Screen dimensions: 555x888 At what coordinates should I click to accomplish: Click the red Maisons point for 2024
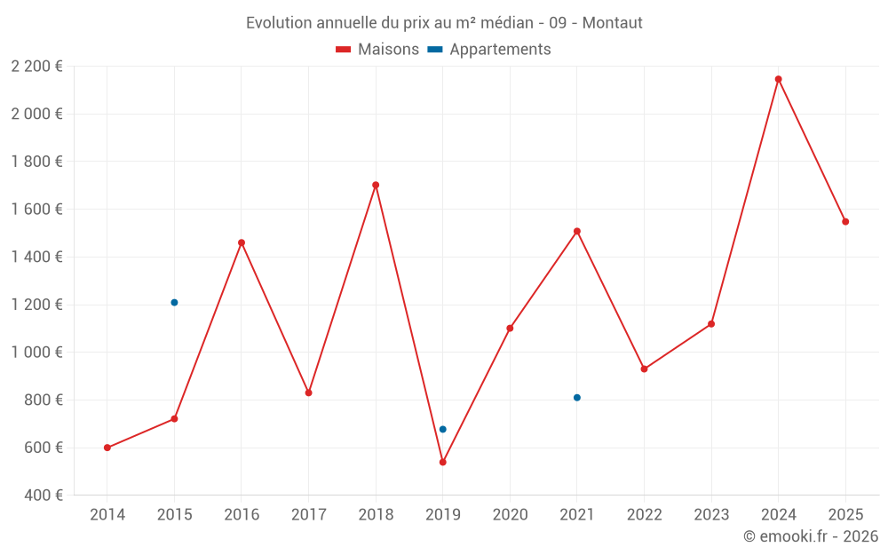[x=778, y=79]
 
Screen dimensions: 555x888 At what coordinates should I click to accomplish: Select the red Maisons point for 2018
[x=376, y=185]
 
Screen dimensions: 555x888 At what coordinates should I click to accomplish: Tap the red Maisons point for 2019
[x=442, y=462]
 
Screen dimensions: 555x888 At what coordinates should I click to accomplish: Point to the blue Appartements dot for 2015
[x=174, y=303]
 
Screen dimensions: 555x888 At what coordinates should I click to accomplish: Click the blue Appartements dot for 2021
[x=576, y=398]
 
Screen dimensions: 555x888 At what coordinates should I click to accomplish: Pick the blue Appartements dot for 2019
[x=442, y=430]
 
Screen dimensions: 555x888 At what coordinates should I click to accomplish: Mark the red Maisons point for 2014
[x=107, y=448]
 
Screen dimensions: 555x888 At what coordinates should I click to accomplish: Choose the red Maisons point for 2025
[x=845, y=222]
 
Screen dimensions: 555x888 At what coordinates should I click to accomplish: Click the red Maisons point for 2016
[x=242, y=242]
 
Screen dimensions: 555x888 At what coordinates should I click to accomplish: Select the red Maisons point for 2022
[x=644, y=369]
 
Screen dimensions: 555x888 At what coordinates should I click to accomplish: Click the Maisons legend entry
[x=377, y=50]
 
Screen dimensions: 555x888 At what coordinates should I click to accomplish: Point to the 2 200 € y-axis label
[x=36, y=66]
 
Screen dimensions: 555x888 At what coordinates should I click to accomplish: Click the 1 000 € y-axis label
[x=36, y=353]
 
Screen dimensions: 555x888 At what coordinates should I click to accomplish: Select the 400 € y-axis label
[x=42, y=496]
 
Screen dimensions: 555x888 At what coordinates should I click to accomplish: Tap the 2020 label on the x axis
[x=510, y=515]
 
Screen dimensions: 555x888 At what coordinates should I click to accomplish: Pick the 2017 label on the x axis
[x=308, y=515]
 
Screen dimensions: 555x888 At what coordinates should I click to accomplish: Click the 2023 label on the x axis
[x=710, y=515]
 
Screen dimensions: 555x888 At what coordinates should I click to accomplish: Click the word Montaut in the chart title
[x=612, y=23]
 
